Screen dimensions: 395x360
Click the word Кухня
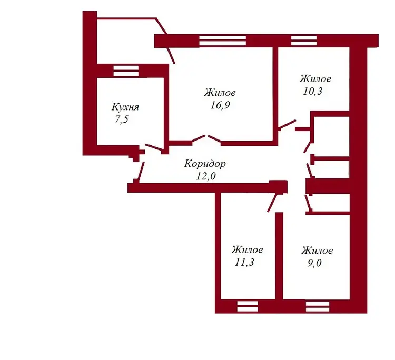(x=125, y=107)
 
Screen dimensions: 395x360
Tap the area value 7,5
(x=122, y=119)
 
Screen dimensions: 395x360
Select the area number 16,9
(x=220, y=105)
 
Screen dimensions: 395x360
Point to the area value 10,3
(x=312, y=91)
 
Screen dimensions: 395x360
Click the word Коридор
(x=205, y=164)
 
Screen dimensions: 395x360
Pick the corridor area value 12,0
(x=206, y=176)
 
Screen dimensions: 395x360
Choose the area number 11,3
(x=244, y=262)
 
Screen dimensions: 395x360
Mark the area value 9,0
(x=314, y=263)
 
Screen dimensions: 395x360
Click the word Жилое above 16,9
(x=220, y=93)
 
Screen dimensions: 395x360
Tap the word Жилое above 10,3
(x=315, y=79)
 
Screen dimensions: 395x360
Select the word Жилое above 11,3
(x=248, y=249)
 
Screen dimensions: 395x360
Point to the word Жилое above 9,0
(x=317, y=251)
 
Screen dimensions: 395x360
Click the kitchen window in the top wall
(x=126, y=71)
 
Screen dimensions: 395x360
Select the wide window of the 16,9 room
(x=222, y=41)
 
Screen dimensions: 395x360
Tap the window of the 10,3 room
(x=304, y=41)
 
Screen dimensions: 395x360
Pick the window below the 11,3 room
(x=248, y=306)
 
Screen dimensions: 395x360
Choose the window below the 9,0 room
(x=318, y=306)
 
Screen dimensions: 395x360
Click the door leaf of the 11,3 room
(x=273, y=203)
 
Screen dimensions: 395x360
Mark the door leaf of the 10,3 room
(x=287, y=125)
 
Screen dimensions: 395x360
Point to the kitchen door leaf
(x=154, y=147)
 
